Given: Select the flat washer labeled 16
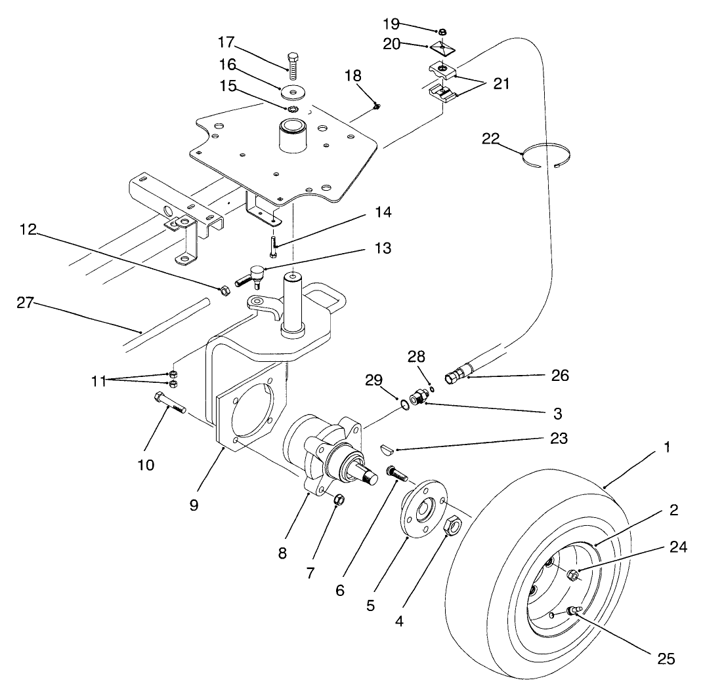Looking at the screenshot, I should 293,90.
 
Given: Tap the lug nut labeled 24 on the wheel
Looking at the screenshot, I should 572,575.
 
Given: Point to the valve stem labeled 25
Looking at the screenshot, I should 575,611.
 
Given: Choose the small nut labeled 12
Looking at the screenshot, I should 223,290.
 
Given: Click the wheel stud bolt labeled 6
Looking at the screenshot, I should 396,472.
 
